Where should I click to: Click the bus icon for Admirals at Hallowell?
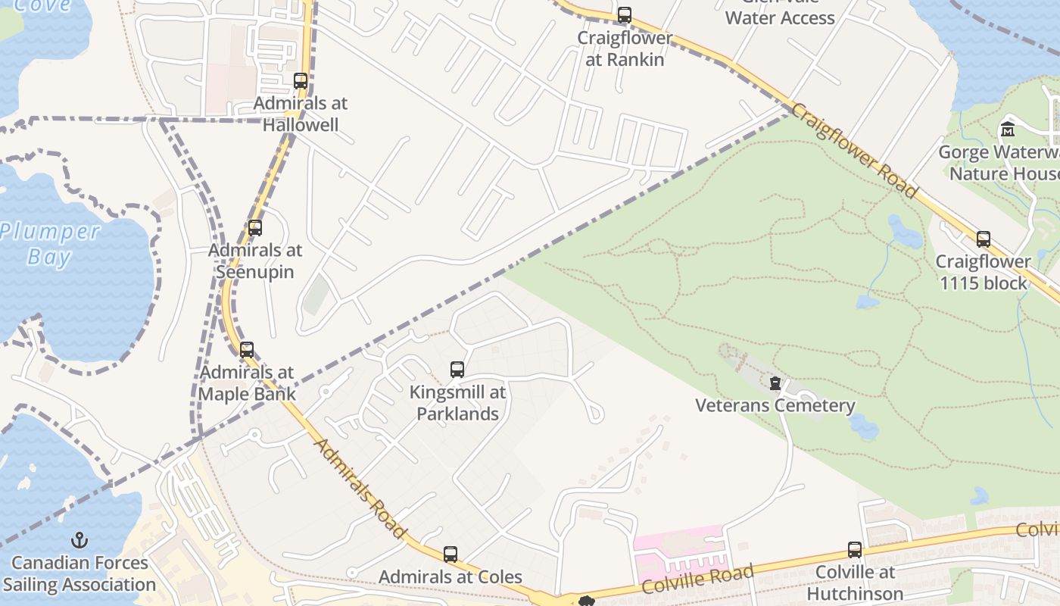(x=301, y=81)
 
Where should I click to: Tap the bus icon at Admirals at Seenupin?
(x=255, y=228)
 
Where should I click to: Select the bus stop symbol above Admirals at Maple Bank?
(x=247, y=350)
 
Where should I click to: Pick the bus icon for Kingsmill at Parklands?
(x=457, y=370)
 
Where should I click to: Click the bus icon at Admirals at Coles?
(x=450, y=554)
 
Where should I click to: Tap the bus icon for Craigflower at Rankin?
(x=625, y=15)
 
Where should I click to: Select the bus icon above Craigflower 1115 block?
(x=984, y=239)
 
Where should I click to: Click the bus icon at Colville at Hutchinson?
(x=855, y=550)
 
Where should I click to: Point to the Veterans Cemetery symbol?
(x=775, y=383)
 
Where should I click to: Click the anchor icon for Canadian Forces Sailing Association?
(x=79, y=541)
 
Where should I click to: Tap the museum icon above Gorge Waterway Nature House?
(x=1008, y=130)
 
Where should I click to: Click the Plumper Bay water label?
(x=49, y=244)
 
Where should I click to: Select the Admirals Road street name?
(x=360, y=489)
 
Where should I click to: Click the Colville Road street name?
(x=697, y=579)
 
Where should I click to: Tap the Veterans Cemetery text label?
(x=775, y=405)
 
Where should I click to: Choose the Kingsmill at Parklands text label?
(x=457, y=403)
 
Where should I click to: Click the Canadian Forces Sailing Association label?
(x=79, y=573)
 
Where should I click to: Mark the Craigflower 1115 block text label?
(x=983, y=273)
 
